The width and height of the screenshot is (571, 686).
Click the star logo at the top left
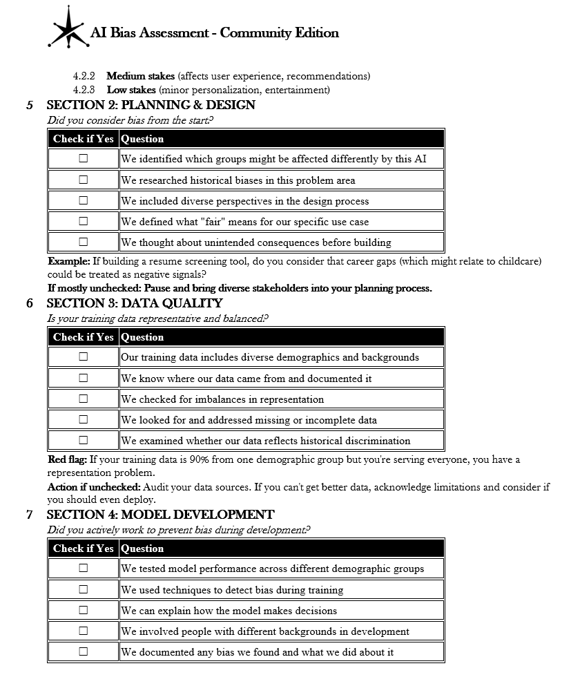[x=68, y=28]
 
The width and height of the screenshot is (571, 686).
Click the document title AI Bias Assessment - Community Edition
[x=215, y=32]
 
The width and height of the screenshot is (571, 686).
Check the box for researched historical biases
[x=84, y=180]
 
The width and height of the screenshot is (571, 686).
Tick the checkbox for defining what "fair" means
[x=84, y=221]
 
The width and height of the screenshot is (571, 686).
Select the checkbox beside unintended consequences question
[x=84, y=242]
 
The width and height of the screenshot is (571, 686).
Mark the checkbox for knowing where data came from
[x=84, y=378]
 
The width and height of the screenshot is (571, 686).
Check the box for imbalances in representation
[x=84, y=399]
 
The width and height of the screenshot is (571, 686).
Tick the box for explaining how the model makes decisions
[x=84, y=610]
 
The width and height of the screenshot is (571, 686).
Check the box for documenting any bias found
[x=84, y=651]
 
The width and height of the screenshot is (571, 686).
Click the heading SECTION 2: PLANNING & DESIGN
[x=151, y=106]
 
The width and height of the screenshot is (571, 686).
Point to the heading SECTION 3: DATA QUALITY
[x=134, y=303]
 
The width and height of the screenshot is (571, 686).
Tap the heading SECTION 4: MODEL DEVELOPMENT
[x=160, y=515]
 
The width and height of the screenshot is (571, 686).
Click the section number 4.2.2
[x=84, y=76]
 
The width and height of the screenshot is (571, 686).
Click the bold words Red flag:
[x=67, y=459]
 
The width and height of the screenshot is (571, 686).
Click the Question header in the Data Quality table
[x=142, y=337]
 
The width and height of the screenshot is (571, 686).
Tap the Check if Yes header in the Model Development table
[x=84, y=549]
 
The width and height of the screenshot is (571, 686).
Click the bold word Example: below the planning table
[x=68, y=261]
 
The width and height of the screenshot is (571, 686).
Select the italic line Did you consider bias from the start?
[x=130, y=120]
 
